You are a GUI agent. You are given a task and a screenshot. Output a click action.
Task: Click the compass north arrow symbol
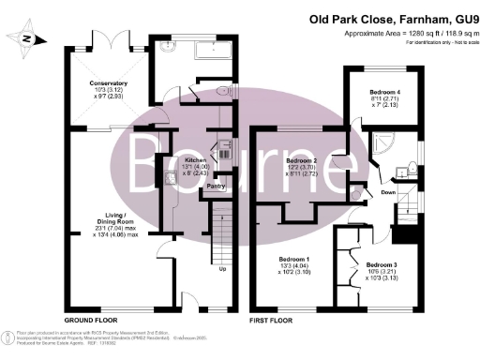(25, 38)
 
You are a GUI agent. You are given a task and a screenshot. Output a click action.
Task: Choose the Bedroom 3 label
(382, 265)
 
